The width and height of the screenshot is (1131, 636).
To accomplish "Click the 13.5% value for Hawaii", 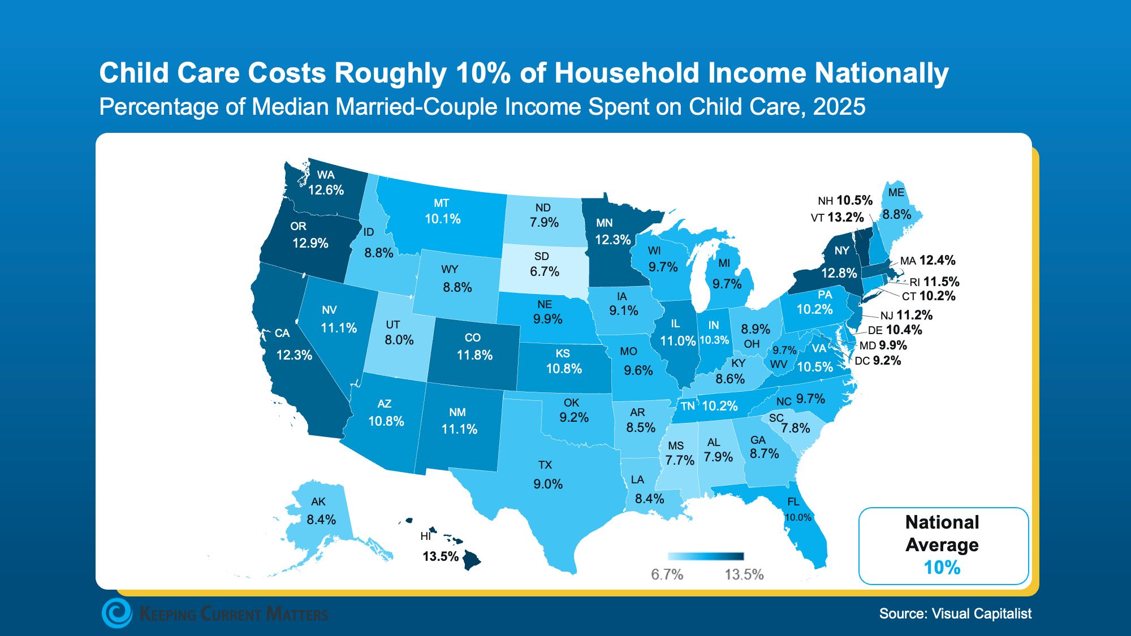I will pyautogui.click(x=441, y=556).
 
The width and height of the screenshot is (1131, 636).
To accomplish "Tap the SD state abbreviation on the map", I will pyautogui.click(x=542, y=256).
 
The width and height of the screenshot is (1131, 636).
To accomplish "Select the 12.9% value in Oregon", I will pyautogui.click(x=310, y=243).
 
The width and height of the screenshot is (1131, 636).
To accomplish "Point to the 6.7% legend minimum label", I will pyautogui.click(x=667, y=574).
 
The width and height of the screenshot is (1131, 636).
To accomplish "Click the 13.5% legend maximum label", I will pyautogui.click(x=744, y=574).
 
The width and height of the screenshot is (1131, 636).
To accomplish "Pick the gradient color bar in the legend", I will pyautogui.click(x=705, y=556).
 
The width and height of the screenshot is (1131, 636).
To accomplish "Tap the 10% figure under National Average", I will pyautogui.click(x=942, y=567).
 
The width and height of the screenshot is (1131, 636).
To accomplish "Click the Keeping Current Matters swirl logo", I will pyautogui.click(x=117, y=613).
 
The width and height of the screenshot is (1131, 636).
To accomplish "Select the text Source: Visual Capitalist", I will pyautogui.click(x=955, y=613).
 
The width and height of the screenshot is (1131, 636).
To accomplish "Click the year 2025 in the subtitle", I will pyautogui.click(x=839, y=107).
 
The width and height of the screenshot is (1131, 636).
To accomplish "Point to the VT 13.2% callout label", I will pyautogui.click(x=837, y=218).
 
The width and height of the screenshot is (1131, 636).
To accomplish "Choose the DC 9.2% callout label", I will pyautogui.click(x=878, y=361).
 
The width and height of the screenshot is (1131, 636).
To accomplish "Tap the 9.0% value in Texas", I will pyautogui.click(x=548, y=484).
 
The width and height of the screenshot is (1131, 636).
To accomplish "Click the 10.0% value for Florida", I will pyautogui.click(x=798, y=517).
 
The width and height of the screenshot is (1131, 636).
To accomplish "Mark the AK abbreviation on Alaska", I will pyautogui.click(x=318, y=501).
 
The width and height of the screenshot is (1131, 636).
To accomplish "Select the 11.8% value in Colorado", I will pyautogui.click(x=474, y=355).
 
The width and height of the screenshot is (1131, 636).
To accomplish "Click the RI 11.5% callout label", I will pyautogui.click(x=934, y=282).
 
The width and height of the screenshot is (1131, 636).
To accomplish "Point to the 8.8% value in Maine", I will pyautogui.click(x=897, y=214).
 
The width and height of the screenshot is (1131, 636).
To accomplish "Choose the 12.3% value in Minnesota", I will pyautogui.click(x=612, y=240).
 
